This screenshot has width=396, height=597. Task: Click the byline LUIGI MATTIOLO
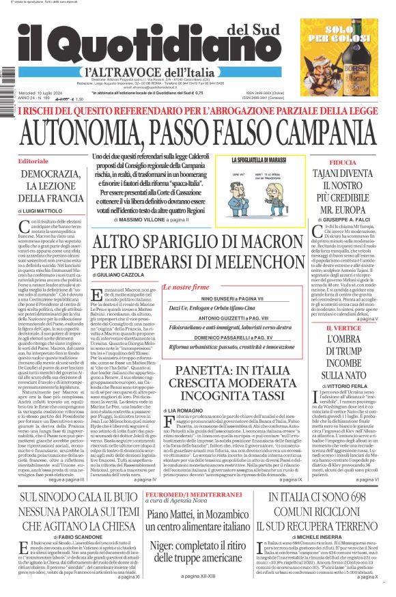pyautogui.click(x=50, y=212)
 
